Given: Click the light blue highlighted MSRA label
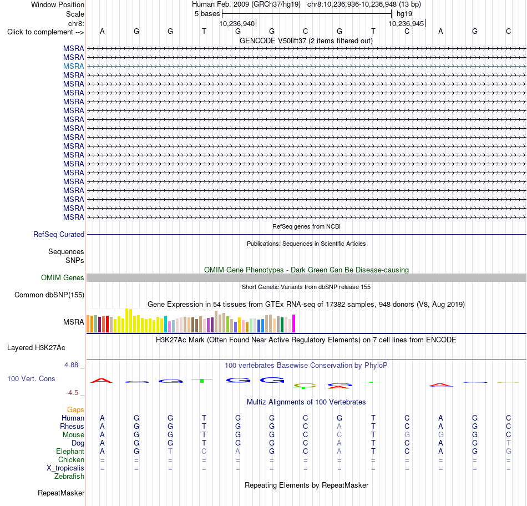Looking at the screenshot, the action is point(73,66).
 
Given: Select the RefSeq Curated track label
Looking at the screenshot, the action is point(58,234).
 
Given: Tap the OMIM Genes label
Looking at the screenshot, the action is point(62,277).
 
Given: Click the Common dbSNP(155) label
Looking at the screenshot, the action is point(49,295).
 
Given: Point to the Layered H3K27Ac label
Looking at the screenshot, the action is point(36,348).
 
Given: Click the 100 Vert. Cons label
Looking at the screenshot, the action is point(31,378).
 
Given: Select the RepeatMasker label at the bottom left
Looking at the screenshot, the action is point(61,493).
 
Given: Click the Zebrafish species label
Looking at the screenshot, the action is point(69,476).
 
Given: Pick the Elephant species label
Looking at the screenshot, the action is point(70,451).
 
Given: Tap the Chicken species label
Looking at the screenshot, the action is point(71,459).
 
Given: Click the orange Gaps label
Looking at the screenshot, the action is point(75,409).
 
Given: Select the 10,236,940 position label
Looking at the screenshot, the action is point(237,23).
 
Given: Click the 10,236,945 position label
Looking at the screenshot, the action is point(406,23).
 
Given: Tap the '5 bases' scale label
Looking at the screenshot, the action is point(207,14).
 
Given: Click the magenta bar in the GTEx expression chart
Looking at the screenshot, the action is point(294,323).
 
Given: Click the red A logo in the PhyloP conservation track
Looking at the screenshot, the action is point(102,381).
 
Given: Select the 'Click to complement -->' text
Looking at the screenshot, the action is point(45,32).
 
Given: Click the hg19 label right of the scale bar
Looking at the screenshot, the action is point(404,14).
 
